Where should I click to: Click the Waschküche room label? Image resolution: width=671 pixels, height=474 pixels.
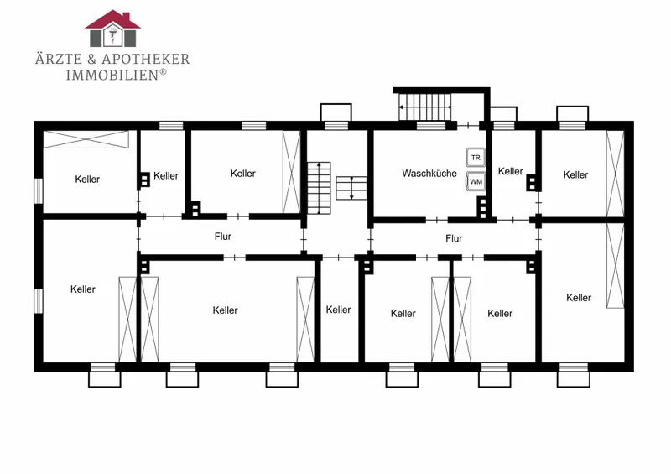[429, 174]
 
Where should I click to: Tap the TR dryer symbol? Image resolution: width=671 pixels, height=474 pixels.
[476, 158]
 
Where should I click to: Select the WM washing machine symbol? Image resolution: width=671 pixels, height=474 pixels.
[476, 181]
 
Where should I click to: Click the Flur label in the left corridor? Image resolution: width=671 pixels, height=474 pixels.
[223, 237]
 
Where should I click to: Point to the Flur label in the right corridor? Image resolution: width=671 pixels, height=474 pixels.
[454, 238]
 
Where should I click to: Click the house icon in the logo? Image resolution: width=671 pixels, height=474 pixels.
[113, 29]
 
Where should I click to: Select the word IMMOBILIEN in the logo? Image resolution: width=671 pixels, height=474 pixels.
[112, 75]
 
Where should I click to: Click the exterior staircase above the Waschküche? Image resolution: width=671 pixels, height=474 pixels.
[425, 107]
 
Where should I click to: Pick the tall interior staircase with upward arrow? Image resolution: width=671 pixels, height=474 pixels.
[319, 188]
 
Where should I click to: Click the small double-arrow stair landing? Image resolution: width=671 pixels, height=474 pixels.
[351, 188]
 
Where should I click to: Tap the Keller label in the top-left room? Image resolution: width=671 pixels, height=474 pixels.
[87, 179]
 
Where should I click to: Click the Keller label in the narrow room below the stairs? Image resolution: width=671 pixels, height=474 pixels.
[338, 310]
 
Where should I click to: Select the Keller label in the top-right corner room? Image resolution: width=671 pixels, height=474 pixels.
[575, 174]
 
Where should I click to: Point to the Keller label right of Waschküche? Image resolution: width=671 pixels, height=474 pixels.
[511, 171]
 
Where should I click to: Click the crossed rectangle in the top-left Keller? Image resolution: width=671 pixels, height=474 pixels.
[86, 139]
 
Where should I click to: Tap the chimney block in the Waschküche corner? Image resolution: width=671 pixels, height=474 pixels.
[481, 207]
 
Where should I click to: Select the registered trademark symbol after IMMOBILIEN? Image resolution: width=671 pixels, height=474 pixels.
[163, 72]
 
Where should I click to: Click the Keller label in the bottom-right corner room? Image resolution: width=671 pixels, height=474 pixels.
[579, 298]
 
